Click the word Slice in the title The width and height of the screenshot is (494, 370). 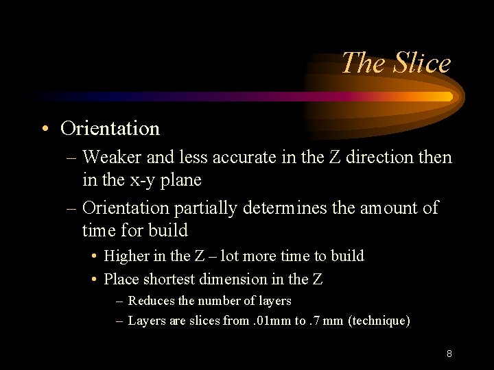point(422,63)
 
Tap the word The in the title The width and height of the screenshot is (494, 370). point(364,63)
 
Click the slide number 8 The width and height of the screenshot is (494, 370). point(449,354)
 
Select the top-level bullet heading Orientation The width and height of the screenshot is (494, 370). point(110,128)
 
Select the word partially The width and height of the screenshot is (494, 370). point(206,208)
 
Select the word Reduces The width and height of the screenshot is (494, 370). point(151,301)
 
